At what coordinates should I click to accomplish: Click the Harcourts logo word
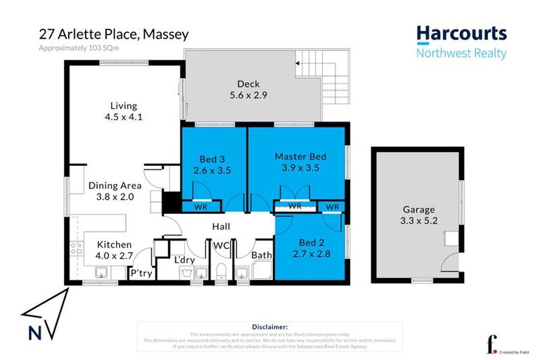click(461, 34)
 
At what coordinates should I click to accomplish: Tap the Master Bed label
click(300, 156)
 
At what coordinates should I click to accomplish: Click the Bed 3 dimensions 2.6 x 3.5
click(212, 169)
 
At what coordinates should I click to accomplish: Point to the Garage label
click(418, 210)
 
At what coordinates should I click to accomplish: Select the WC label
click(221, 247)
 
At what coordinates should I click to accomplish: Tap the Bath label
click(262, 255)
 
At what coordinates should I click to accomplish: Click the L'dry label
click(184, 259)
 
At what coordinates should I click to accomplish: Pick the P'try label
click(140, 273)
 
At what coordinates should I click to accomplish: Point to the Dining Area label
click(115, 186)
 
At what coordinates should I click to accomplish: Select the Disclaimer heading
click(269, 327)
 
